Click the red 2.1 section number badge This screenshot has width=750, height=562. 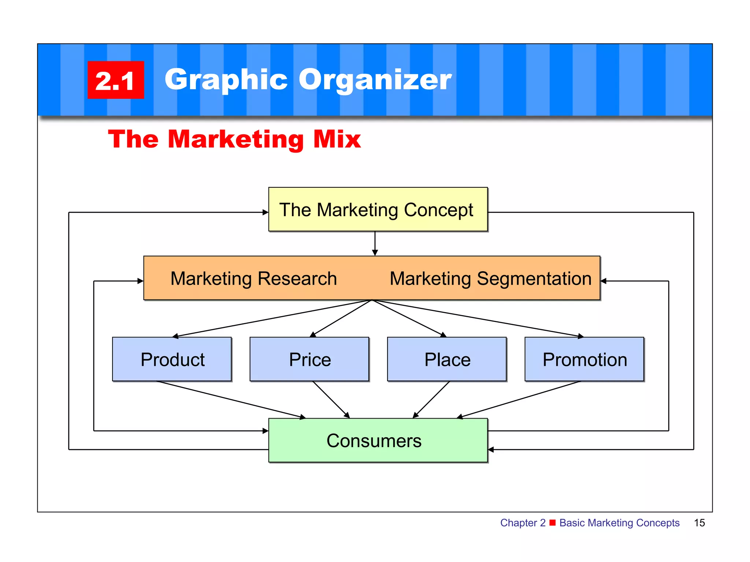(x=115, y=80)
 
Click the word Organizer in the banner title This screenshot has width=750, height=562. (x=375, y=80)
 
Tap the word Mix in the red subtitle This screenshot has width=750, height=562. (x=337, y=139)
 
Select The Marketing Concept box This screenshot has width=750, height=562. (x=378, y=210)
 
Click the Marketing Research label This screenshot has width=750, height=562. (x=253, y=278)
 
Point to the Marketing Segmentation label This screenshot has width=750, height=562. (x=490, y=278)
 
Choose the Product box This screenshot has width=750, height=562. (x=172, y=359)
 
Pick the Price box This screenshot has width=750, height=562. (x=309, y=359)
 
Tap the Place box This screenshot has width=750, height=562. (x=447, y=359)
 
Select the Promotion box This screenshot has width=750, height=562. (x=584, y=359)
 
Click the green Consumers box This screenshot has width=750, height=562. (x=378, y=441)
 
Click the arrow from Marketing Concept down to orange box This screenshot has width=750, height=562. (x=375, y=244)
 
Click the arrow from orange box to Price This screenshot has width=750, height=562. (x=341, y=319)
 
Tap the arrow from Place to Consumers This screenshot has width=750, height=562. (x=431, y=400)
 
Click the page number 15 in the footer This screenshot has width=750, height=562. (x=699, y=523)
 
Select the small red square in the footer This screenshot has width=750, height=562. (x=553, y=522)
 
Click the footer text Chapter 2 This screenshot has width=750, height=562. (x=523, y=523)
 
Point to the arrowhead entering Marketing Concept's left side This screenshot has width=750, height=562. (x=266, y=212)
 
